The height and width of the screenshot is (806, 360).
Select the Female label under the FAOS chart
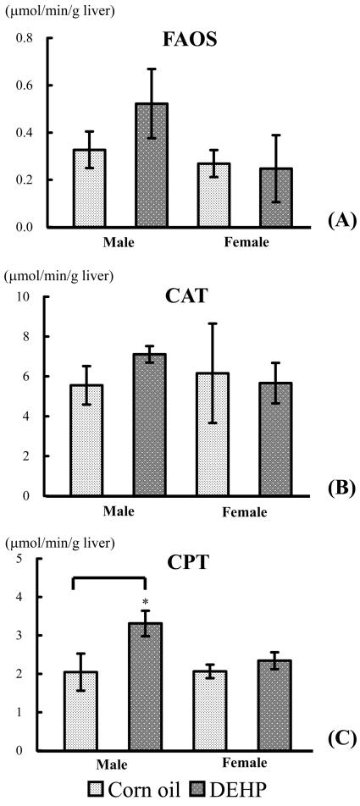point(245,243)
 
